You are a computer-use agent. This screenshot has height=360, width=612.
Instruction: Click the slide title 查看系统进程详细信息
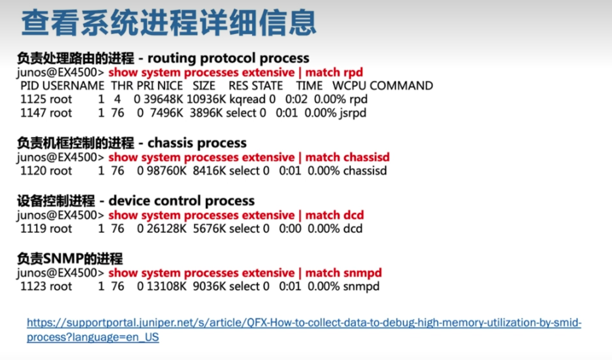168,23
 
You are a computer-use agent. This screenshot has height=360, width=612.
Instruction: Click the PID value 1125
32,99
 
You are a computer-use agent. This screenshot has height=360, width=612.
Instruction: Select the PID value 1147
32,113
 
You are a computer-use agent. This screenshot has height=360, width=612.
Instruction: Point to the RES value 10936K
206,99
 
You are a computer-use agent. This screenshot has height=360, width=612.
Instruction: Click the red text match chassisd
347,157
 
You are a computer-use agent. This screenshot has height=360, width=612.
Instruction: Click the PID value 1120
32,171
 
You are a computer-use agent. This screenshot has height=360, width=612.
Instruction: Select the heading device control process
182,201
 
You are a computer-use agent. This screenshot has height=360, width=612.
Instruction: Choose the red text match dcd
334,215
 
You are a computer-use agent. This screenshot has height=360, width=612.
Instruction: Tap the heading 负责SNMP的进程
70,259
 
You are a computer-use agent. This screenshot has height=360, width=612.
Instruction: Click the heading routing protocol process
228,58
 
